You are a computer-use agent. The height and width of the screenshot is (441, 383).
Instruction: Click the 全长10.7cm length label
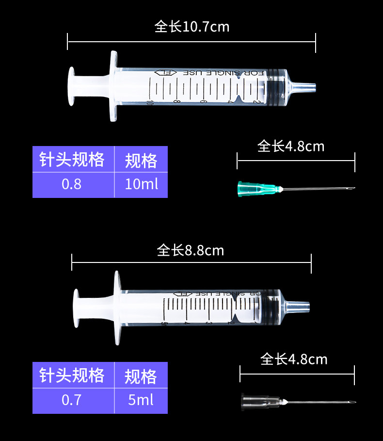[191, 26]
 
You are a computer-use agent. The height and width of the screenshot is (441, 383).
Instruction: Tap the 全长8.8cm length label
[191, 250]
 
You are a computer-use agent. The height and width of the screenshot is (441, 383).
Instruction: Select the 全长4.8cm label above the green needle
[291, 146]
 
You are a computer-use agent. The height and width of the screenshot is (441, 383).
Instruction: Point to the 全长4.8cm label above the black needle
[294, 359]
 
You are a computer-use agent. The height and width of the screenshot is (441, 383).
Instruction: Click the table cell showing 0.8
[72, 185]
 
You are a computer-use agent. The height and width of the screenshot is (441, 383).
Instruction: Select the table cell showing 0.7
[72, 400]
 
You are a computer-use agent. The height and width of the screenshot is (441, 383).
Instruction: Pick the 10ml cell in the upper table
[141, 185]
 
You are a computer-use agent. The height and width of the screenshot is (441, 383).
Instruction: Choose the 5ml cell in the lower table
[141, 400]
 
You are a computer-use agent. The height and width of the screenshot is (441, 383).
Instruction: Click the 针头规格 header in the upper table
[72, 159]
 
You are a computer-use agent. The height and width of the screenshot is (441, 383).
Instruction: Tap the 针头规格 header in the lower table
[72, 375]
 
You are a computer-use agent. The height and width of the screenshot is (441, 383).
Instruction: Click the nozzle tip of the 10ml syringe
[311, 87]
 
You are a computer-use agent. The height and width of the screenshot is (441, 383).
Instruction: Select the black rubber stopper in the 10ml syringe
[276, 87]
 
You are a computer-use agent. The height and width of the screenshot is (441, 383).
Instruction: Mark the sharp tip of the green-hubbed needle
[354, 188]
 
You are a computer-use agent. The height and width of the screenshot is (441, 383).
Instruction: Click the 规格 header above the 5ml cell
[141, 376]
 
